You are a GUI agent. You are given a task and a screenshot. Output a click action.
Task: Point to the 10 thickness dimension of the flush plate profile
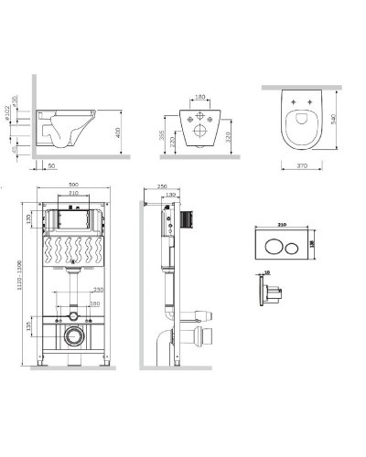point(267,272)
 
